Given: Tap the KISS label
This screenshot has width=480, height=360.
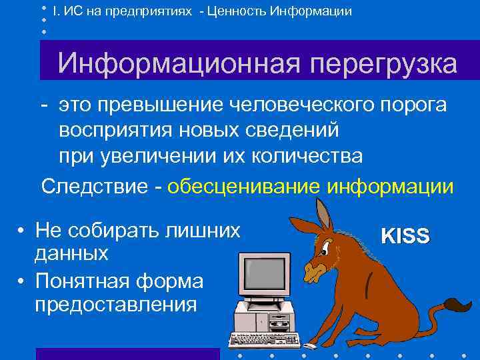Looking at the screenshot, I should coord(405,235).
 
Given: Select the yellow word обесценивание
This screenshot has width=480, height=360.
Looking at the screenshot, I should coord(245,185).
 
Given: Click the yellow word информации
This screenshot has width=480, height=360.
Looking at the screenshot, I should coord(390,185).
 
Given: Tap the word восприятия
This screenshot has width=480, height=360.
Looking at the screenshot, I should coord(123,130).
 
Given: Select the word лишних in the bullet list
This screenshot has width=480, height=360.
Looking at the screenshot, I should coord(211,231).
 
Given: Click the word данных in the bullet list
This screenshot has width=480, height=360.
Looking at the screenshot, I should coord(71,253).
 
